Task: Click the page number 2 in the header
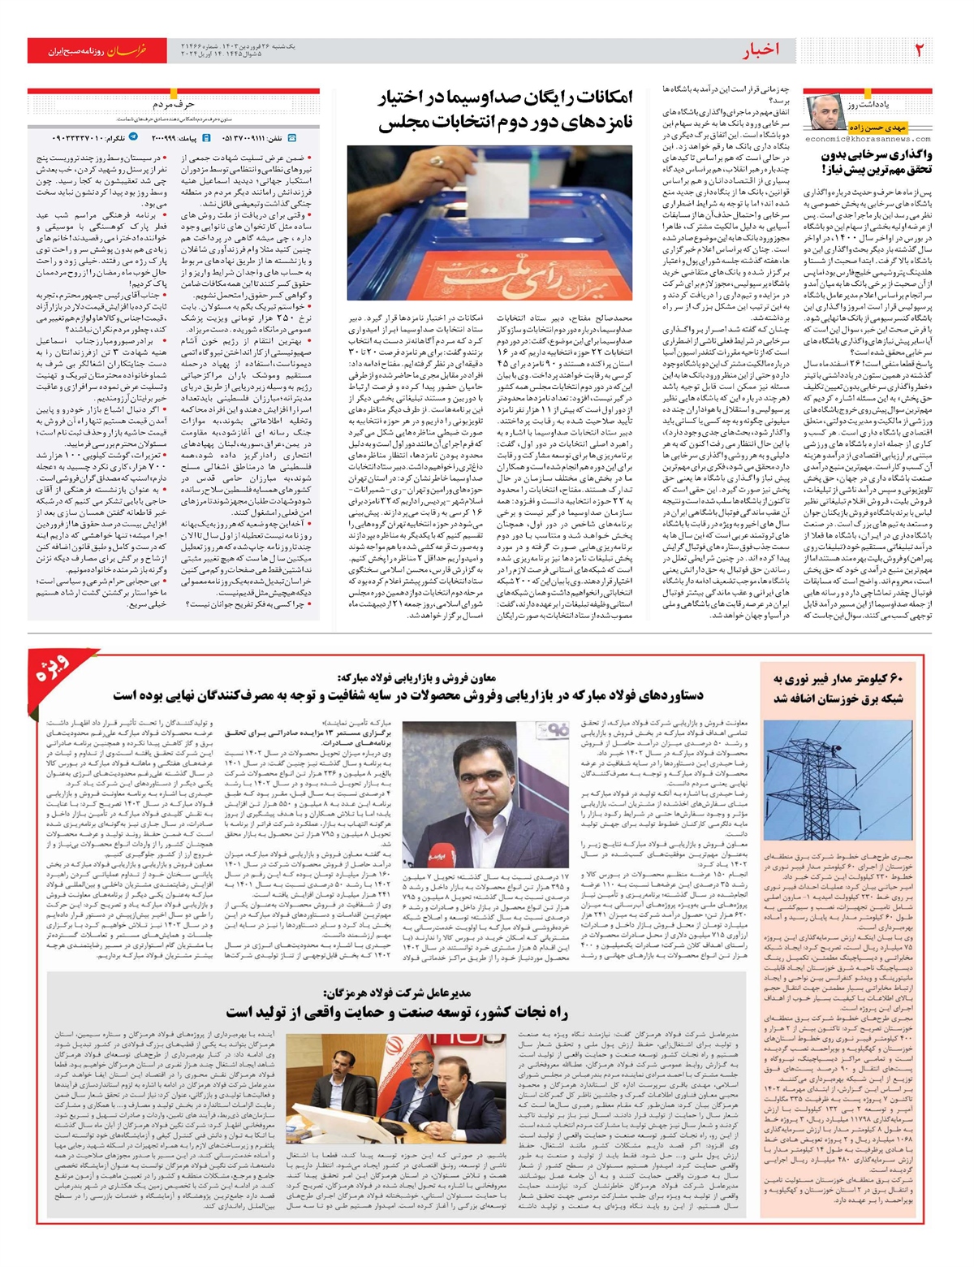[x=919, y=50]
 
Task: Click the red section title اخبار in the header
[x=761, y=50]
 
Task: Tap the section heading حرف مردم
[x=174, y=105]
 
